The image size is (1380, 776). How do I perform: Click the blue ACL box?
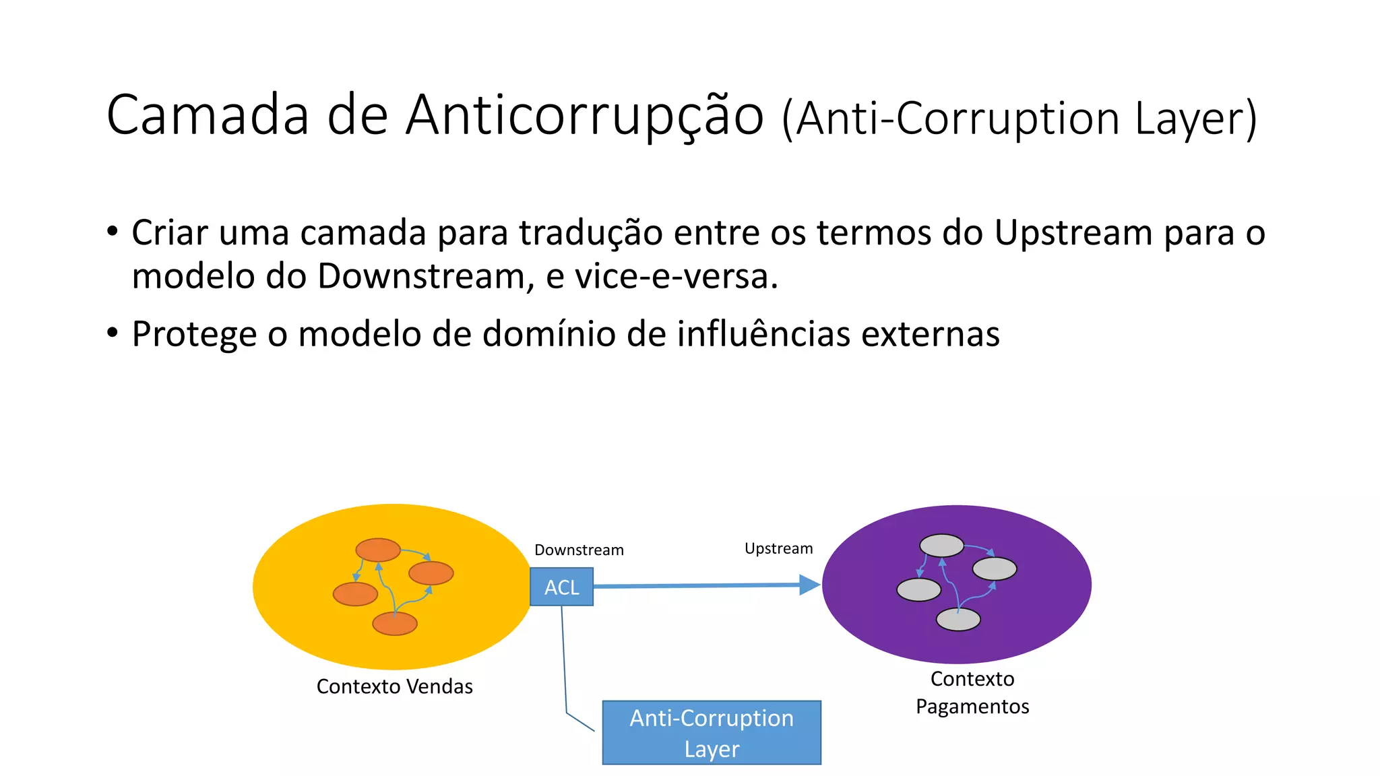[561, 587]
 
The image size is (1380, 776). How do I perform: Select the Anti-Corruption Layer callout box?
[712, 733]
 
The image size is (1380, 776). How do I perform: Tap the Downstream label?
[579, 550]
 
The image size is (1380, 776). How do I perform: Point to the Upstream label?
[778, 548]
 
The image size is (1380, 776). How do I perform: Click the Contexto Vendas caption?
[394, 686]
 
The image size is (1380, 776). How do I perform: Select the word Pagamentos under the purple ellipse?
[972, 707]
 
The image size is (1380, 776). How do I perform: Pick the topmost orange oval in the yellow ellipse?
[378, 550]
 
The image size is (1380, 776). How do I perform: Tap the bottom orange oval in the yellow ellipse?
[395, 624]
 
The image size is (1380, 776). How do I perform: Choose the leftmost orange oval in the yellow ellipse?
[355, 594]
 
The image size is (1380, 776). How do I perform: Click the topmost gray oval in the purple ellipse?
[941, 545]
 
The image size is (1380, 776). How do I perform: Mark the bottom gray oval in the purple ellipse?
[958, 619]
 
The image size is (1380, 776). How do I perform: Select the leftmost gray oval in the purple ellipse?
[918, 589]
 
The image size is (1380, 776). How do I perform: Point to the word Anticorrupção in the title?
[584, 116]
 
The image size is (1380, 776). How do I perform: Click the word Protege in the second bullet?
[194, 334]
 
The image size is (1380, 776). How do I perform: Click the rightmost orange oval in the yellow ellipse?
[431, 573]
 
